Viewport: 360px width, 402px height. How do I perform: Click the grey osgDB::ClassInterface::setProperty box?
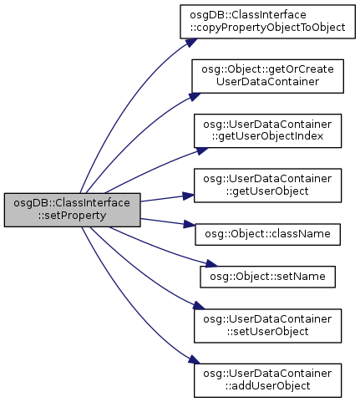coord(72,210)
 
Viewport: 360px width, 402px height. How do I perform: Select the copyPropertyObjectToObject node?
coord(267,22)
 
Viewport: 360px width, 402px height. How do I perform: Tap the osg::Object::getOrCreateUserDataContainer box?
coord(267,76)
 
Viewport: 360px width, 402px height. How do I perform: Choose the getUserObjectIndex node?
coord(267,130)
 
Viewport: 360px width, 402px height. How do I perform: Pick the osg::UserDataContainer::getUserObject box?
coord(267,186)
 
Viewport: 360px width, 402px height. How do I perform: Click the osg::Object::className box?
coord(267,234)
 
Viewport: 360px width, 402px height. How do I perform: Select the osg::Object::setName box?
coord(267,277)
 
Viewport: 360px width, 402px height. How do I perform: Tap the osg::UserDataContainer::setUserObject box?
coord(267,326)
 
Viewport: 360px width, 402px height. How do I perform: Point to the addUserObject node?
coord(267,380)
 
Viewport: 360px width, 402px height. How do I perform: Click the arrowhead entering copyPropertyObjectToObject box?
coord(191,43)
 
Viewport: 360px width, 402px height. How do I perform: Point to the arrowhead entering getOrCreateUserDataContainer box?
coord(195,97)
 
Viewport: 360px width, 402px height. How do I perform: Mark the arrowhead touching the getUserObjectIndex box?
coord(202,150)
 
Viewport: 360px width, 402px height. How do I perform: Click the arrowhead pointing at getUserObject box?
coord(188,196)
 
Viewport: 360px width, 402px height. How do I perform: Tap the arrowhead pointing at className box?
coord(189,224)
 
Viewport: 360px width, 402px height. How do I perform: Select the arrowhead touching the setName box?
coord(211,263)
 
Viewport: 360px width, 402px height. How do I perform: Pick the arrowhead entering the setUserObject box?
coord(199,305)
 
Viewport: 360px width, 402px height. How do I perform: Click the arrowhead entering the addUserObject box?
coord(194,359)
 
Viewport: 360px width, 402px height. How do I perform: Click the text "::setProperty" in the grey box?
coord(72,216)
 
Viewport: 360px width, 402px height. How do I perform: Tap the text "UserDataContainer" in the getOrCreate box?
coord(267,82)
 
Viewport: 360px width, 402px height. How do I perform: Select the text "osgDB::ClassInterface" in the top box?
coord(248,14)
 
